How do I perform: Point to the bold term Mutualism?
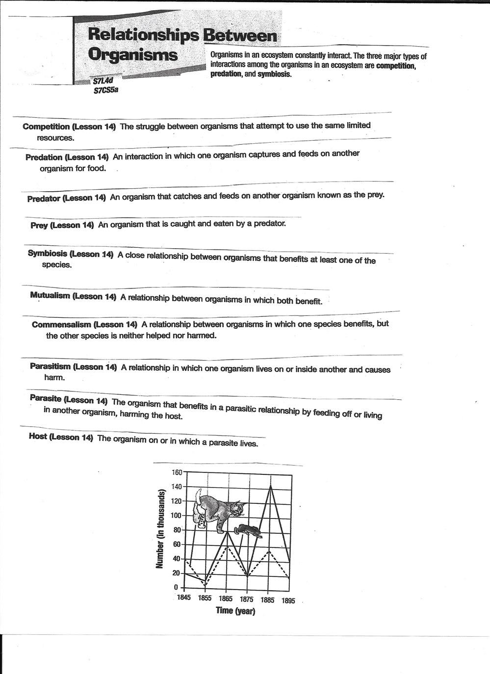pyautogui.click(x=50, y=296)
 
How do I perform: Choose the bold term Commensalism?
pyautogui.click(x=61, y=325)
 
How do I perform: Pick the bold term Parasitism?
pyautogui.click(x=51, y=366)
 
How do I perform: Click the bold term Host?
pyautogui.click(x=38, y=437)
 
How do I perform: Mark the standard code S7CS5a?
pyautogui.click(x=106, y=90)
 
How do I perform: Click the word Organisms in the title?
pyautogui.click(x=132, y=54)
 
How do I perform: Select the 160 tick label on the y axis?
pyautogui.click(x=177, y=472)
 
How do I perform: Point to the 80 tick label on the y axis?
pyautogui.click(x=178, y=530)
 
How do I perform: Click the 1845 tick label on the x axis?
pyautogui.click(x=184, y=598)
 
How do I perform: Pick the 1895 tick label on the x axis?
pyautogui.click(x=288, y=601)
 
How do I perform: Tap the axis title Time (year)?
pyautogui.click(x=235, y=611)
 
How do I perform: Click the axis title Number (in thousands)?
pyautogui.click(x=160, y=529)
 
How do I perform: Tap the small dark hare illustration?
pyautogui.click(x=248, y=530)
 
